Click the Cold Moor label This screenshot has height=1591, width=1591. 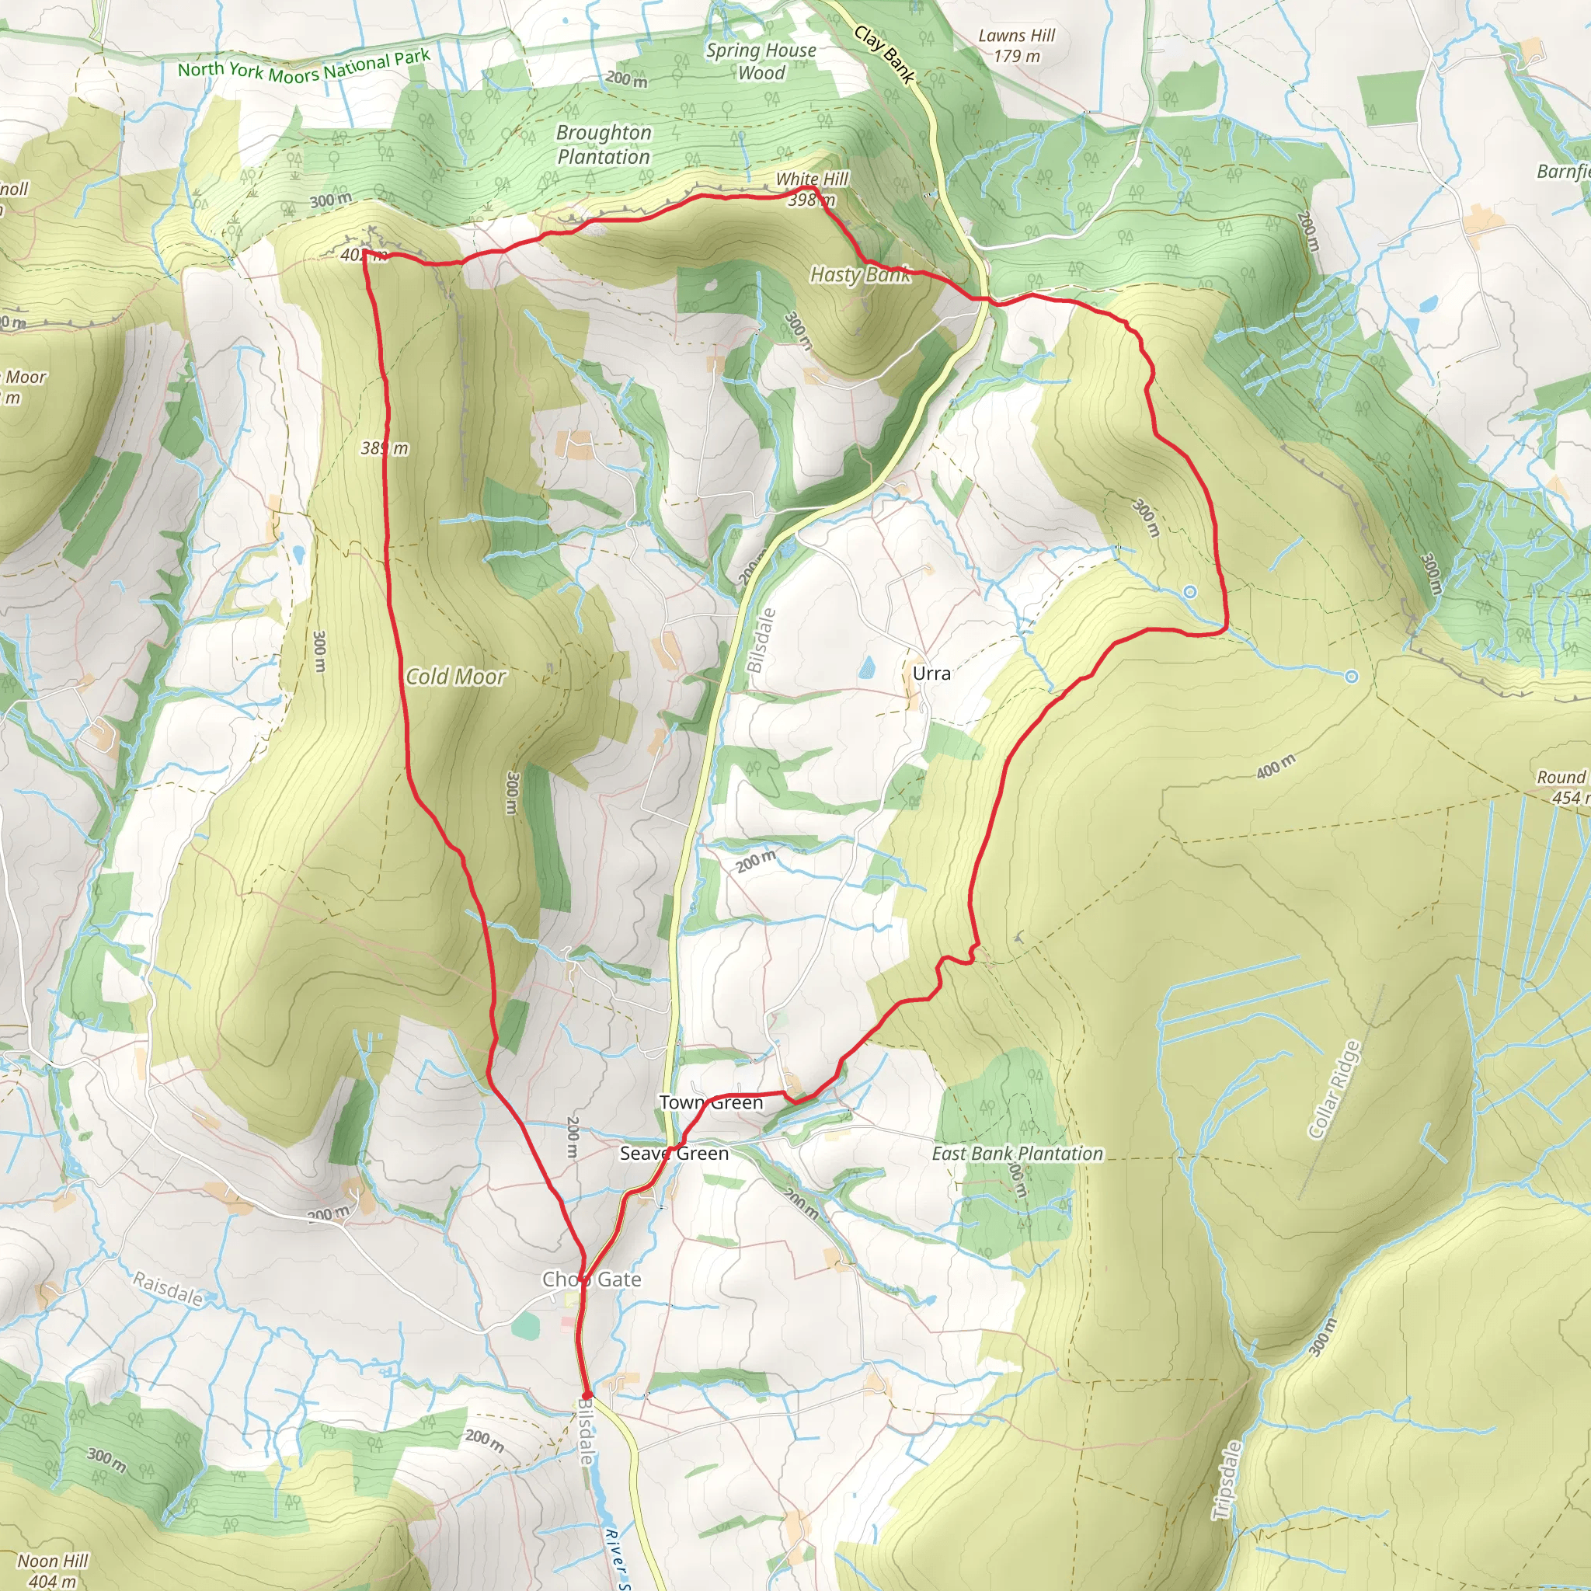[x=455, y=676]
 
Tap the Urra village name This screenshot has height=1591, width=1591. [x=931, y=673]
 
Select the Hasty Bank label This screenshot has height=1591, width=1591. [x=860, y=274]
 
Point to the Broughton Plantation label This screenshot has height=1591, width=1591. [x=604, y=144]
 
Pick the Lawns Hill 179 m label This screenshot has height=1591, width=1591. [x=1016, y=45]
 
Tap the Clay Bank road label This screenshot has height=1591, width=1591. [x=884, y=54]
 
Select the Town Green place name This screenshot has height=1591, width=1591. [x=711, y=1102]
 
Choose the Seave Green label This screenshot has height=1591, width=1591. [x=674, y=1153]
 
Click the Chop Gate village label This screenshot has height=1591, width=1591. [x=590, y=1279]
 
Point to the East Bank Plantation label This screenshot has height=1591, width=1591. [x=1017, y=1153]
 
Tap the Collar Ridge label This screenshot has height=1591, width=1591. [x=1333, y=1090]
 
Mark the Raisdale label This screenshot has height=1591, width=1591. [x=168, y=1288]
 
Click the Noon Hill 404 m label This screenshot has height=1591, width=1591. [x=52, y=1569]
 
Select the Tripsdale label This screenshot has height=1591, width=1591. [x=1226, y=1480]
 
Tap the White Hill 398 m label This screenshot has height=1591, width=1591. [x=811, y=189]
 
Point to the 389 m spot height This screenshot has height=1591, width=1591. [x=385, y=448]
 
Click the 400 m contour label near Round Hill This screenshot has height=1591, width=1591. [x=1276, y=767]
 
